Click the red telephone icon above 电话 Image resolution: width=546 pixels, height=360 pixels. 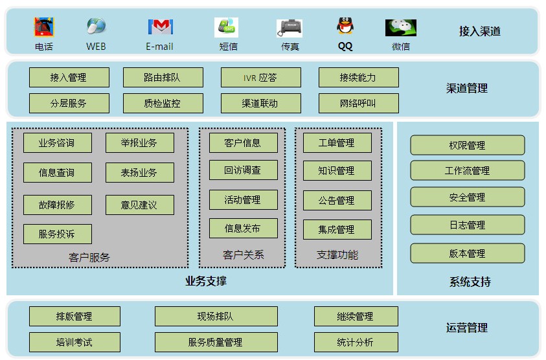[44, 27]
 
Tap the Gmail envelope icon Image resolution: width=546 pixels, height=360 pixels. [160, 27]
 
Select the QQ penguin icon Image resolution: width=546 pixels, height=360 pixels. [345, 27]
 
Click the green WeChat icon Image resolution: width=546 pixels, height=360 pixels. [401, 27]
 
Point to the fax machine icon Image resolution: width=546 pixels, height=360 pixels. [290, 28]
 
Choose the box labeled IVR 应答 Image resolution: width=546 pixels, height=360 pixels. [260, 78]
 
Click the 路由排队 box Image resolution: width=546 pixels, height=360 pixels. [163, 78]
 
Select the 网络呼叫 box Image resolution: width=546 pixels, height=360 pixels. [358, 104]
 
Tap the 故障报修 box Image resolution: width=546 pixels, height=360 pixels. [57, 205]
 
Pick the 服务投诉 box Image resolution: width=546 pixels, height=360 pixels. [57, 234]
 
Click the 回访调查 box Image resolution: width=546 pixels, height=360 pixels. [243, 170]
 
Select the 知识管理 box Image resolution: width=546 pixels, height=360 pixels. [337, 171]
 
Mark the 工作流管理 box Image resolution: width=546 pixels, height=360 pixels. [467, 171]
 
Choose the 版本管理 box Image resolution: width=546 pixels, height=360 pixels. [467, 254]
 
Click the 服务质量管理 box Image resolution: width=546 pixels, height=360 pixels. [216, 343]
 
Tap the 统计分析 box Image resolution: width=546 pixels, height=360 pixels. [356, 343]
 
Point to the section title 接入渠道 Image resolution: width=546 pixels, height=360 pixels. [480, 31]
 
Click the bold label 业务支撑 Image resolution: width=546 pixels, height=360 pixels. [205, 281]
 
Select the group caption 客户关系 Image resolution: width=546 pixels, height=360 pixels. [244, 255]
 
